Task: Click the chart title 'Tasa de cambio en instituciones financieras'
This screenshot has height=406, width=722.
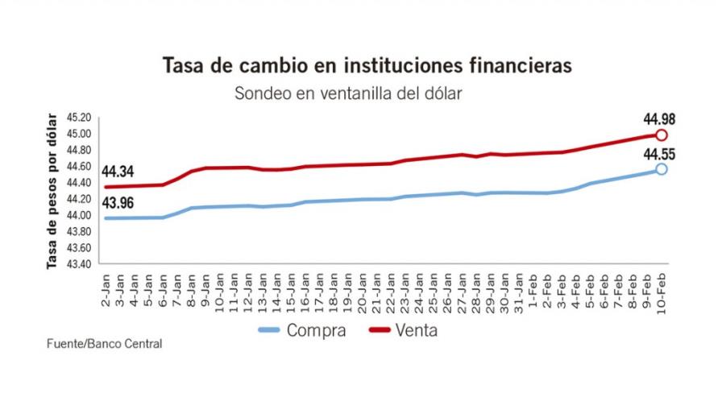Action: [360, 64]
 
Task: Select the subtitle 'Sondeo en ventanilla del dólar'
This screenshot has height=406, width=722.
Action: [348, 93]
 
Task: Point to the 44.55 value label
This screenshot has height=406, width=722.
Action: [659, 151]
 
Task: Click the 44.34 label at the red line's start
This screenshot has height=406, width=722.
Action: [118, 172]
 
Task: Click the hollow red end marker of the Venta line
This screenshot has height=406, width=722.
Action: [662, 135]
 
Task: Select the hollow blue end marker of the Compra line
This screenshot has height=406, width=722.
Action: [662, 169]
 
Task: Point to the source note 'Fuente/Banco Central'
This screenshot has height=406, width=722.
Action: [104, 344]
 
